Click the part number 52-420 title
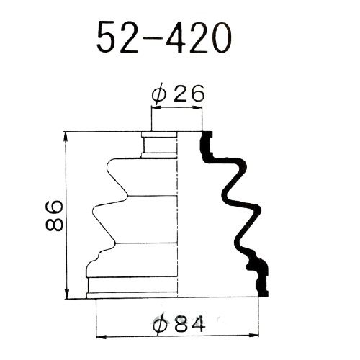(x=164, y=37)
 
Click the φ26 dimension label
(x=178, y=93)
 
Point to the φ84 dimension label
(x=179, y=324)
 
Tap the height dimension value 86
(x=54, y=216)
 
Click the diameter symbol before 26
(x=159, y=94)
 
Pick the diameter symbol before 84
(x=161, y=325)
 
